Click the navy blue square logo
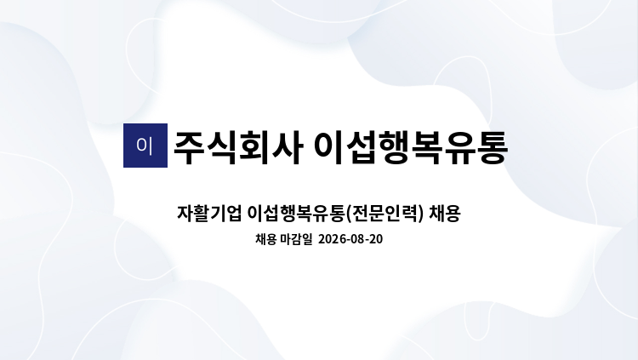[145, 146]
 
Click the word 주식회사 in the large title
[238, 148]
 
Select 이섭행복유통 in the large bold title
[411, 148]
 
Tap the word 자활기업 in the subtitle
[209, 214]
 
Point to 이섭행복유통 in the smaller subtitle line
[296, 214]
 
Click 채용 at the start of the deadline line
[266, 239]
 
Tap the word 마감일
[296, 239]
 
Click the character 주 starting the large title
[189, 148]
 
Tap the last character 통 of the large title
[493, 148]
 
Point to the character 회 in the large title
[254, 148]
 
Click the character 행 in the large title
[395, 148]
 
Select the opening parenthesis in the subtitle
[348, 214]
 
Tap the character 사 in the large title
[287, 148]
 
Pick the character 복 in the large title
[427, 148]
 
